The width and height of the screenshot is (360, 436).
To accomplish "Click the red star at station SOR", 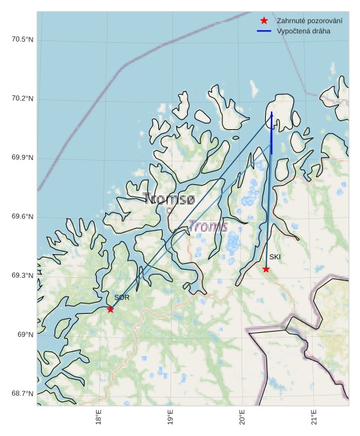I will (110, 309).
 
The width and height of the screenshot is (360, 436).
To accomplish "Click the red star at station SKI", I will (266, 269).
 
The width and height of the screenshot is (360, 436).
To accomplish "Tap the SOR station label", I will (122, 298).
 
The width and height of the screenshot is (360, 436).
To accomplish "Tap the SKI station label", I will (275, 257).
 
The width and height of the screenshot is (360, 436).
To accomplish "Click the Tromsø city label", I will (169, 199).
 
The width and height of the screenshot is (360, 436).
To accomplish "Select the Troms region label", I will (208, 227).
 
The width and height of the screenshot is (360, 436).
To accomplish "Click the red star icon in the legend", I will (264, 21).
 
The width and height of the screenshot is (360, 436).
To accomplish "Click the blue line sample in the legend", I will (264, 31).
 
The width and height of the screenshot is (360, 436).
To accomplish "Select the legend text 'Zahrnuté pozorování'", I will (309, 21).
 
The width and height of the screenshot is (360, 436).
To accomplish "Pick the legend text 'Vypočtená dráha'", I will (303, 31).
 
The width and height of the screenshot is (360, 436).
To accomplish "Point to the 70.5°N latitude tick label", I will (22, 40).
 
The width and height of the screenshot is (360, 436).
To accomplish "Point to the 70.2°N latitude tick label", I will (22, 99).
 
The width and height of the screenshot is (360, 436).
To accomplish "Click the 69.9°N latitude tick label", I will (22, 158).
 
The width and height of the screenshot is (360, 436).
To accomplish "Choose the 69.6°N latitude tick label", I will (22, 217).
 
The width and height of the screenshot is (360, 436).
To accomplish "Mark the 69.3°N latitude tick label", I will (22, 276).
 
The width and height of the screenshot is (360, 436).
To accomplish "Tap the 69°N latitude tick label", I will (25, 335).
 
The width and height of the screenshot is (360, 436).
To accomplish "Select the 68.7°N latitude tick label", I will (22, 394).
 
